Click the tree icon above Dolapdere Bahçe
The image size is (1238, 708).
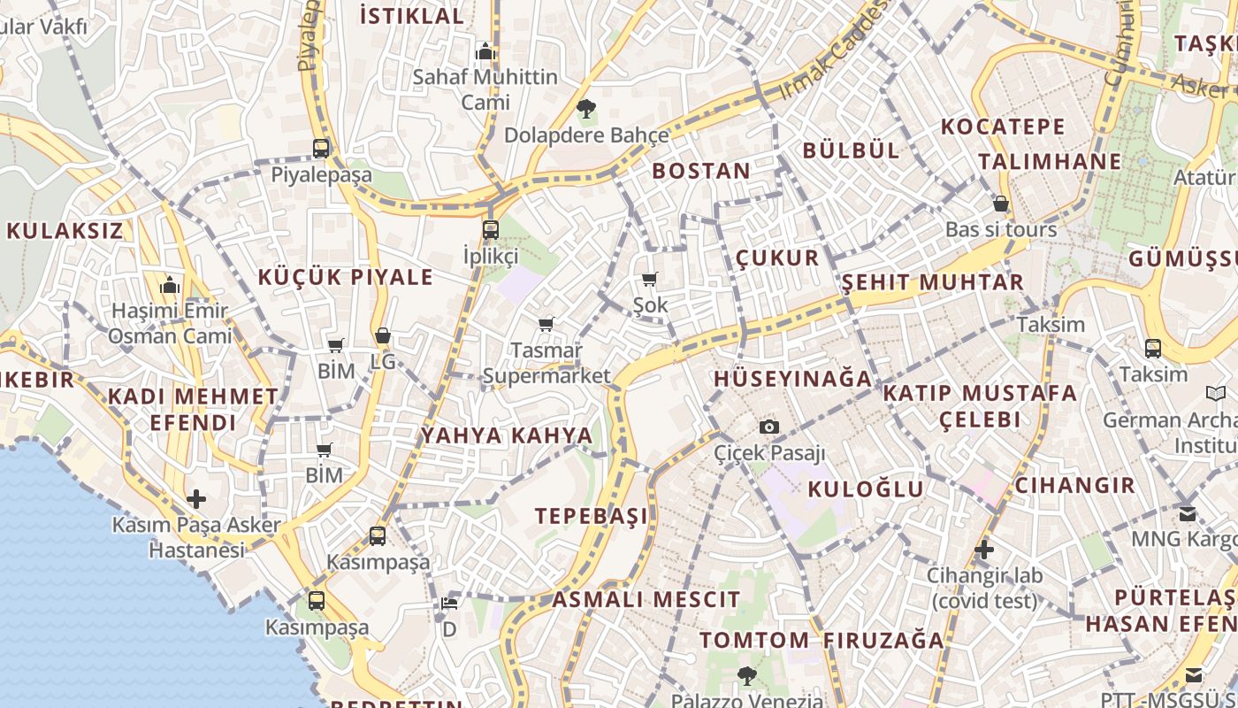click(585, 110)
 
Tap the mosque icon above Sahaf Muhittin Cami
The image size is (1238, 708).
click(485, 51)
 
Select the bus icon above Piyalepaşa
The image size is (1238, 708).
click(321, 149)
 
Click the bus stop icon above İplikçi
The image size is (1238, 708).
click(491, 230)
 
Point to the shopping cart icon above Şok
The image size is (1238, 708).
click(650, 280)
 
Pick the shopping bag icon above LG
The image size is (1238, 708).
click(383, 336)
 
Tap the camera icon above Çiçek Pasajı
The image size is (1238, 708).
click(769, 427)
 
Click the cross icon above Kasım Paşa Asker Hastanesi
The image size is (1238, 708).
click(196, 499)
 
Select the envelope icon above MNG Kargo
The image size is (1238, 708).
click(1187, 513)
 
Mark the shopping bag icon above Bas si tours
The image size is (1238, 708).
click(1001, 204)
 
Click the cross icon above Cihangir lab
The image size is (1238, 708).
click(984, 550)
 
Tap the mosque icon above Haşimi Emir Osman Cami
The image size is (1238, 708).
click(170, 286)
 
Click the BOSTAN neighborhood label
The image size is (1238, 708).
click(701, 171)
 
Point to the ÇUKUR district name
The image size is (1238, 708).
click(778, 258)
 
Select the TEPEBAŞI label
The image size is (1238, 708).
click(592, 516)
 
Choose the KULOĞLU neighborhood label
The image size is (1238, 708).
click(866, 489)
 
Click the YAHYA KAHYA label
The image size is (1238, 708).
click(507, 435)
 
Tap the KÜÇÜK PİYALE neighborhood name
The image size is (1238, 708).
click(346, 277)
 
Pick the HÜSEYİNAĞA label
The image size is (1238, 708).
click(793, 379)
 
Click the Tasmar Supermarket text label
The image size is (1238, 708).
click(546, 363)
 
